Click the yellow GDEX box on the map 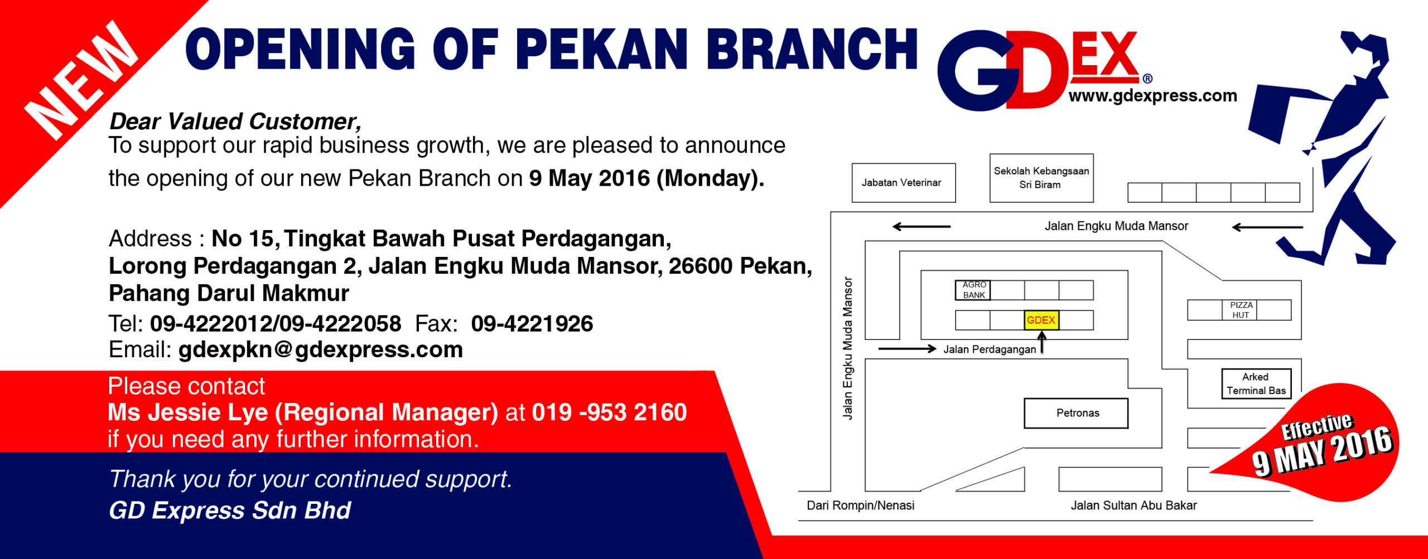[x=1041, y=320]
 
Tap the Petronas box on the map [x=1076, y=413]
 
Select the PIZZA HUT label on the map [x=1241, y=310]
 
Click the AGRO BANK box [x=973, y=290]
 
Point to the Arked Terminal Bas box [x=1256, y=383]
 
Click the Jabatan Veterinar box [x=904, y=183]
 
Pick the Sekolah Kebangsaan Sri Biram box [x=1041, y=178]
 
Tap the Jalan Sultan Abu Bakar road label [x=1133, y=505]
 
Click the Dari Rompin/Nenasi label [x=861, y=505]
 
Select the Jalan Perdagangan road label [x=990, y=349]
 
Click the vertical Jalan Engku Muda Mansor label [x=848, y=348]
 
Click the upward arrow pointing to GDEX [x=1041, y=342]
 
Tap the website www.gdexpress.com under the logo [x=1152, y=96]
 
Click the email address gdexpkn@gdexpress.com [x=321, y=350]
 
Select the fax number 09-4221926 [x=532, y=324]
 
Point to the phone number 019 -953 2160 [x=610, y=412]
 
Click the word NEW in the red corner [x=81, y=81]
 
